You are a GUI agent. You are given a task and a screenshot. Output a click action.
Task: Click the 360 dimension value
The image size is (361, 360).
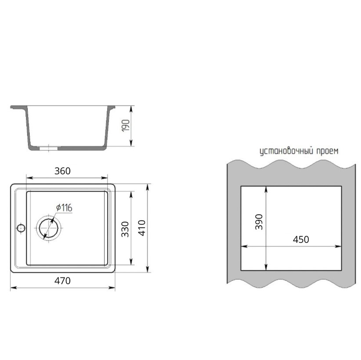[62, 171]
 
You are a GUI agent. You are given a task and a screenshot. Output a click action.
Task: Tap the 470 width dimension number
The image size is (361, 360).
[62, 281]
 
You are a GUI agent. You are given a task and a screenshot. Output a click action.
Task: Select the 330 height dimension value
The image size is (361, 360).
[125, 229]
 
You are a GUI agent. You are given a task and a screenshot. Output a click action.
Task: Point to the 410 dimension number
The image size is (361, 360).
[142, 228]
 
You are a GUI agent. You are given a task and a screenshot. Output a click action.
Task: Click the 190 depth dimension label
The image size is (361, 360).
[126, 126]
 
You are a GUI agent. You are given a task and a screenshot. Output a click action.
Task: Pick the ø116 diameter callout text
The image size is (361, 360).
[64, 208]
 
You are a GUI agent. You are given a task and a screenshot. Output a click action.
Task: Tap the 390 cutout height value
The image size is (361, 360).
[259, 222]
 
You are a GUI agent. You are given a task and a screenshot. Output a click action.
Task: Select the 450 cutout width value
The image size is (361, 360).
[301, 240]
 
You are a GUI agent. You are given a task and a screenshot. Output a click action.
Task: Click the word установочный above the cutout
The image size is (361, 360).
[287, 151]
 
